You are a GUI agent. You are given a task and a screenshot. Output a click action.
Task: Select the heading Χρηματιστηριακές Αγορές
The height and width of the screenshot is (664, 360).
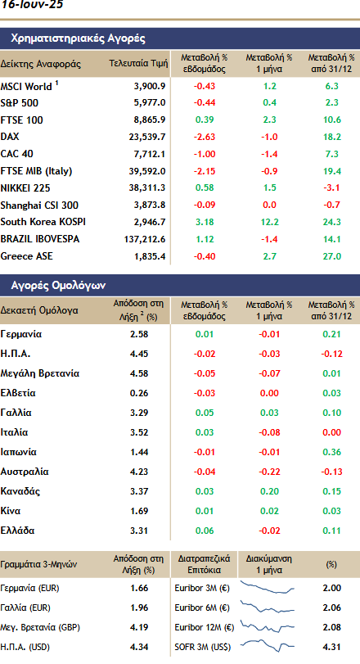pos(79,38)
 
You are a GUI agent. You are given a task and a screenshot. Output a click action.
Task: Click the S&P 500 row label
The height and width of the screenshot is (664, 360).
pos(20,103)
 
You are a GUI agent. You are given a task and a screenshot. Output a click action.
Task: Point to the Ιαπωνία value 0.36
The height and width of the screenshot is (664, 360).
pos(331,452)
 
